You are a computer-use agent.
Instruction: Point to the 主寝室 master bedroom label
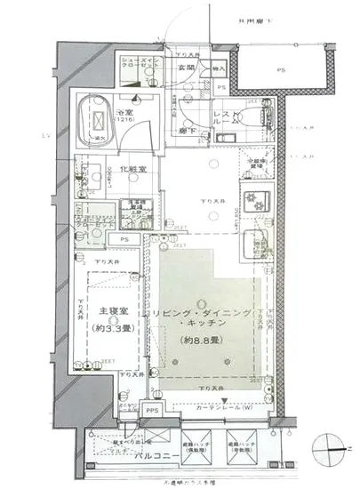(111, 312)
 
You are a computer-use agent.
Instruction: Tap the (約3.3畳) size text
(111, 326)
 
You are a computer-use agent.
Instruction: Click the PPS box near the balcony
(152, 410)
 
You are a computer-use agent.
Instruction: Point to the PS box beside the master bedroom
(125, 239)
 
